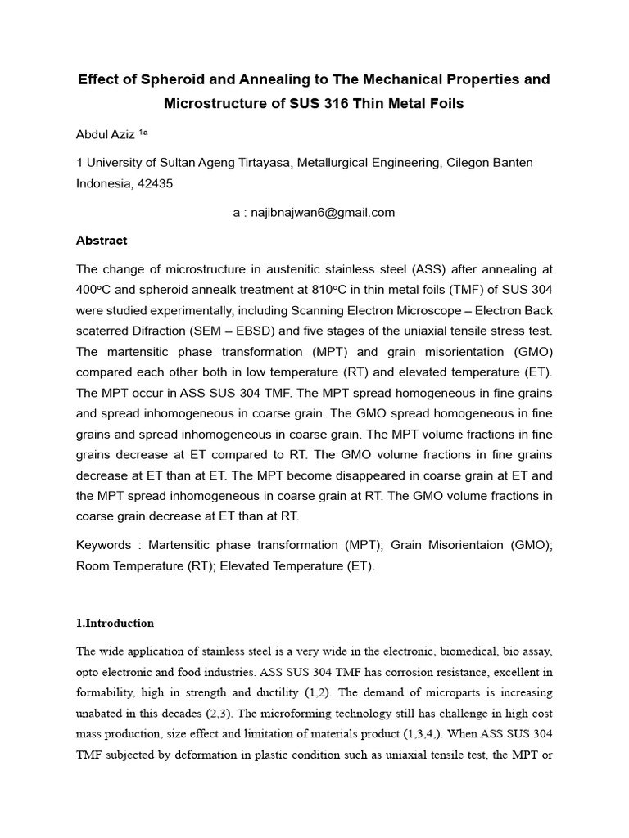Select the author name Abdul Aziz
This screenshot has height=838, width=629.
pyautogui.click(x=106, y=133)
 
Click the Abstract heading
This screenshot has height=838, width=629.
pyautogui.click(x=102, y=241)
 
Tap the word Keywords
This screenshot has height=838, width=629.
pyautogui.click(x=103, y=544)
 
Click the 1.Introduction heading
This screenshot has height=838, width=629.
pyautogui.click(x=115, y=623)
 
